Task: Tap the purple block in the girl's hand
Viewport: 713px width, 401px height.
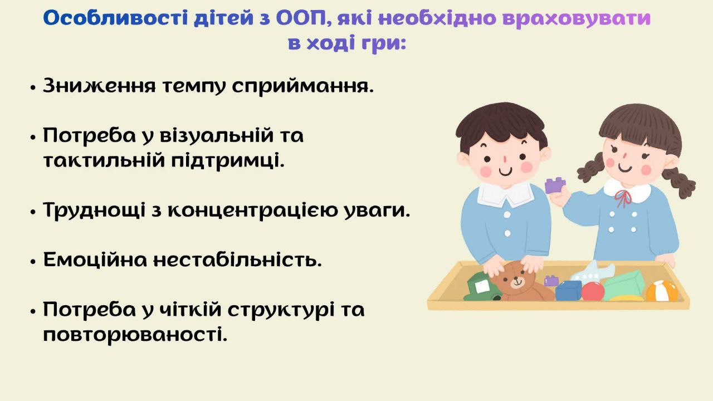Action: [x=555, y=185]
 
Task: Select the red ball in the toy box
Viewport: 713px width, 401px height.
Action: [x=593, y=291]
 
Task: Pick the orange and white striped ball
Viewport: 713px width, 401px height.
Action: [x=662, y=291]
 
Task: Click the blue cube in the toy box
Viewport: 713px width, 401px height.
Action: [x=568, y=290]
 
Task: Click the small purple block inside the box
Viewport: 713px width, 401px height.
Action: [x=551, y=280]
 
